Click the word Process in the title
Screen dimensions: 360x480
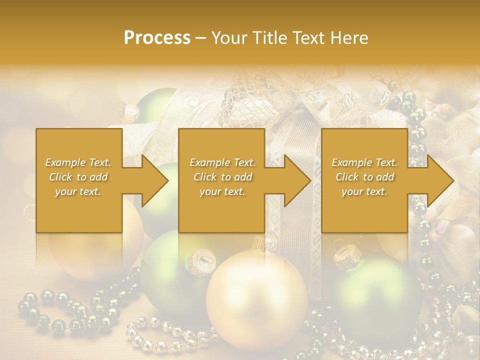pyautogui.click(x=157, y=38)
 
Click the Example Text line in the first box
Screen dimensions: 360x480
pyautogui.click(x=78, y=162)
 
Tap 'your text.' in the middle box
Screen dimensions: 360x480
pyautogui.click(x=222, y=191)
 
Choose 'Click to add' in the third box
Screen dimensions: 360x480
pyautogui.click(x=364, y=177)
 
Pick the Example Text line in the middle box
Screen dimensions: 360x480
pyautogui.click(x=222, y=162)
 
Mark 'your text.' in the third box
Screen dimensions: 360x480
pyautogui.click(x=364, y=191)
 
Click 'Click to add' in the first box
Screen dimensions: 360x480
pyautogui.click(x=78, y=177)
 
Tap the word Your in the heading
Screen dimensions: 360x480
pyautogui.click(x=231, y=38)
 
